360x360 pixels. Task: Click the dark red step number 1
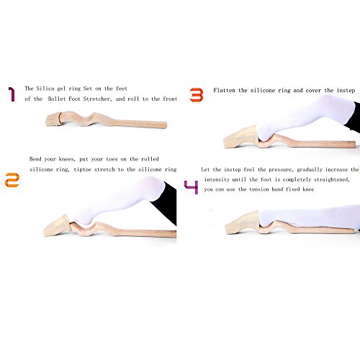(12, 94)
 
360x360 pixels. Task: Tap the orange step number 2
(12, 180)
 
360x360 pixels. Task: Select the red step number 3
(197, 95)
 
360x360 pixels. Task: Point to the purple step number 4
(192, 187)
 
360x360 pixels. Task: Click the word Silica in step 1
(45, 89)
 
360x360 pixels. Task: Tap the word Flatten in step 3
(224, 91)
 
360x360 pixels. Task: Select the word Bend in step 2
(35, 159)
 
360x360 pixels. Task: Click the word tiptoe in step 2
(82, 169)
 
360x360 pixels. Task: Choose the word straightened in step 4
(332, 179)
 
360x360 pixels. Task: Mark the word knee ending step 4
(308, 189)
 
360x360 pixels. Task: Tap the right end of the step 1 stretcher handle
(166, 125)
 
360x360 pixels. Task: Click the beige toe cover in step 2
(57, 226)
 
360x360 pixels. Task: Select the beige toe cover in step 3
(240, 138)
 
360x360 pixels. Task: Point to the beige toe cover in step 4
(243, 222)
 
